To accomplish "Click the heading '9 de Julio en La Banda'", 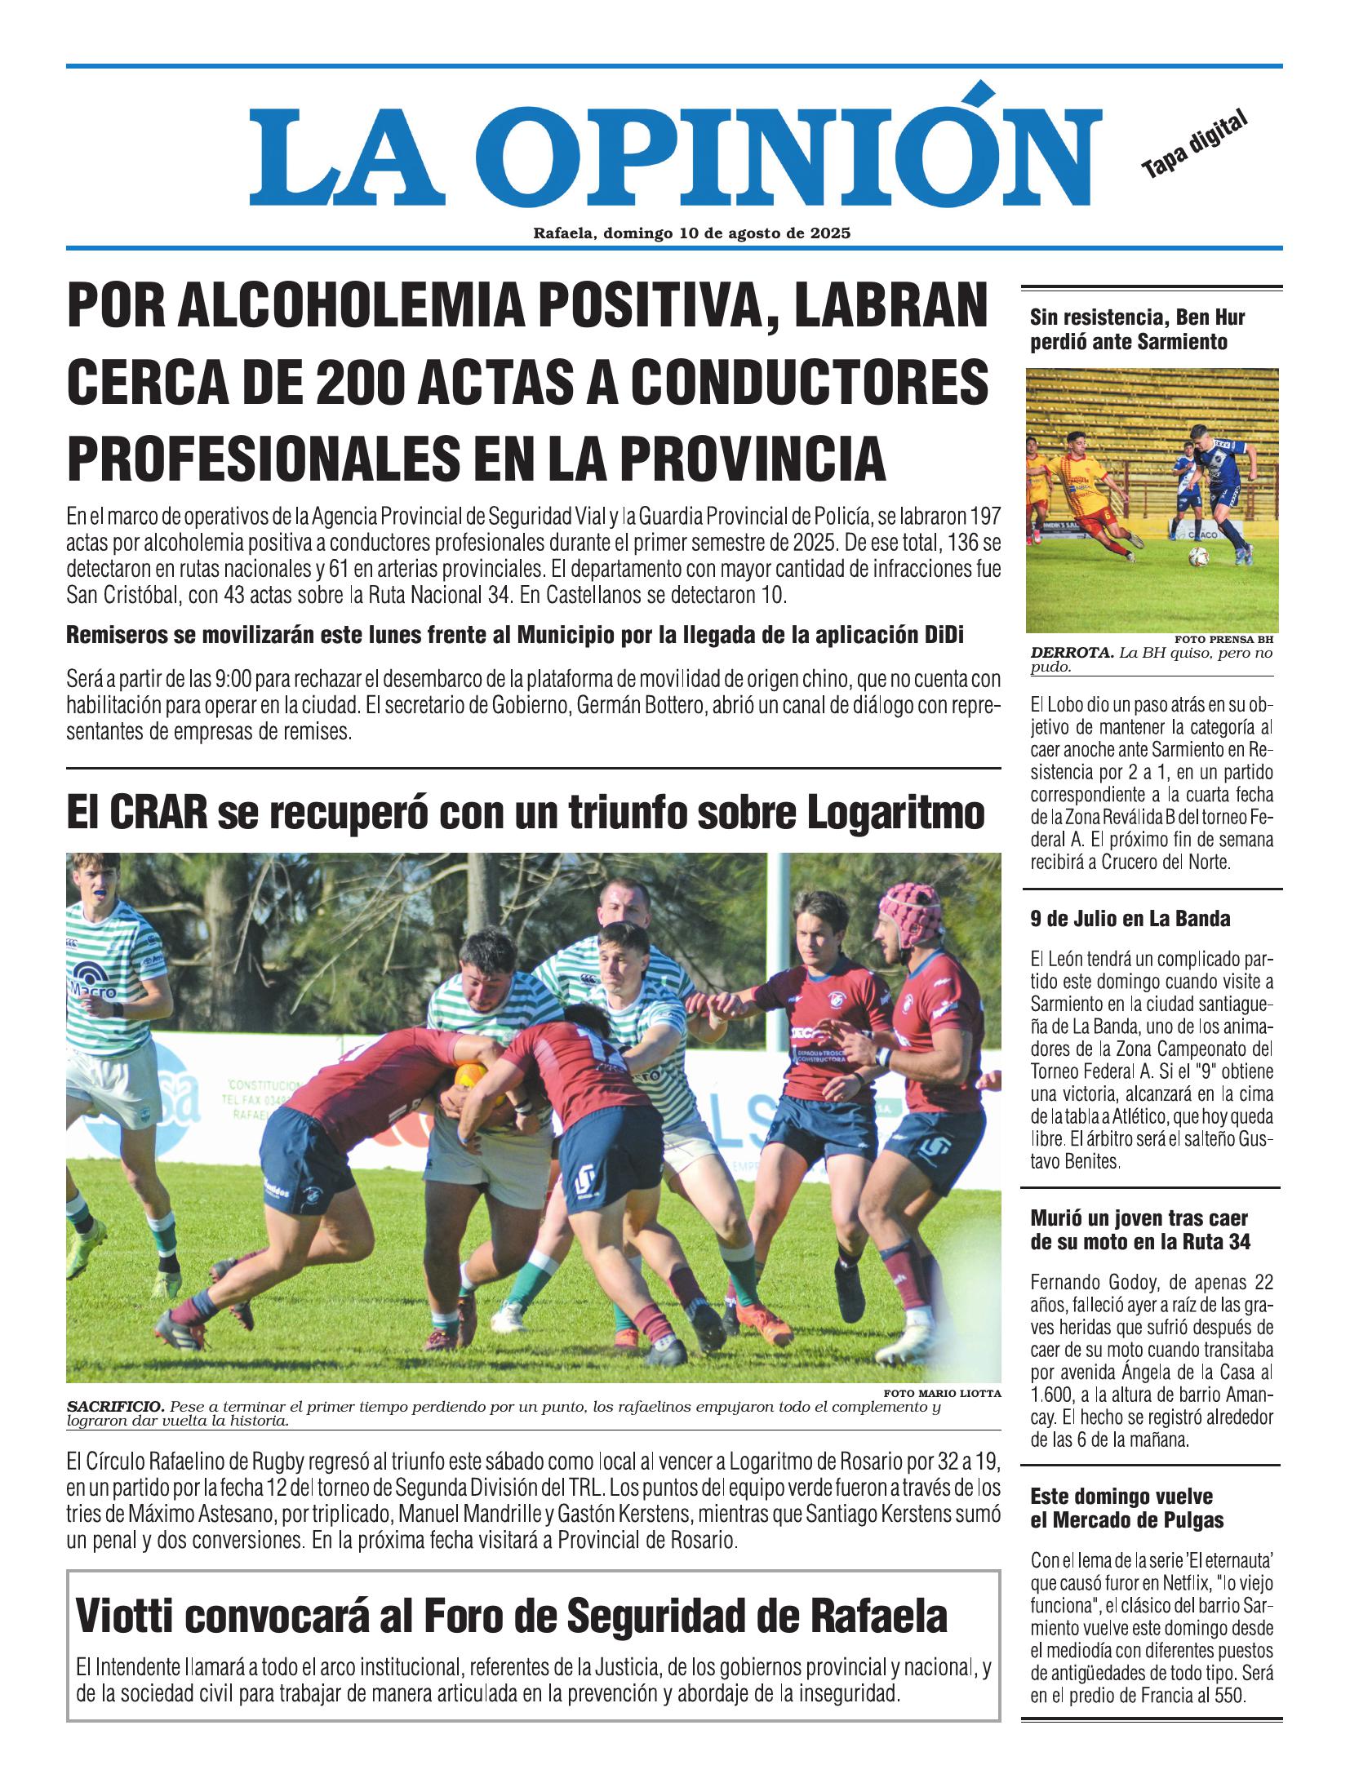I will pos(1130,919).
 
